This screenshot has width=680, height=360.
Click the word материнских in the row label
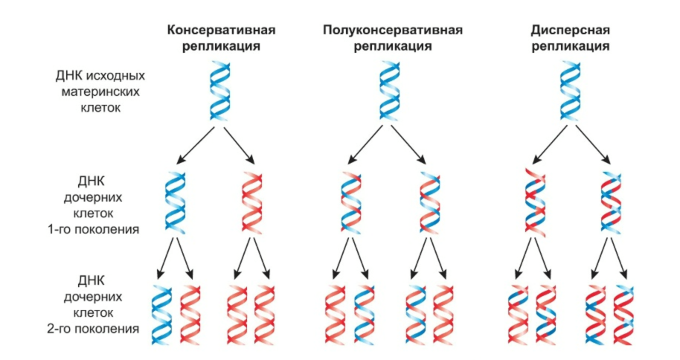[99, 91]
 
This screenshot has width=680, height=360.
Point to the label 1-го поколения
[92, 228]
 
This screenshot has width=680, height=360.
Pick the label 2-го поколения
[92, 328]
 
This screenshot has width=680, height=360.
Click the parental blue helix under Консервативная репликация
[220, 92]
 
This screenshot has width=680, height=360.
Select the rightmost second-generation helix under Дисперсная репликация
[623, 313]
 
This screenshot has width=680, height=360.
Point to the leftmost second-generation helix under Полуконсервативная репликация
[335, 313]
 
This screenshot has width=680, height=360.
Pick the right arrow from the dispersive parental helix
[595, 144]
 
